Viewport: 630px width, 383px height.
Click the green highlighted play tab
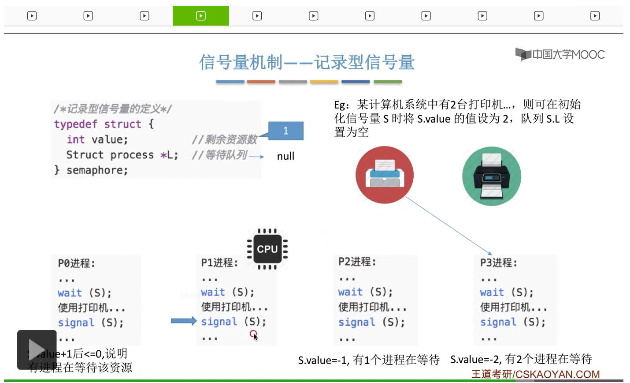pyautogui.click(x=200, y=16)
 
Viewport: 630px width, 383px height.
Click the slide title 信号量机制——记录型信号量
pyautogui.click(x=307, y=62)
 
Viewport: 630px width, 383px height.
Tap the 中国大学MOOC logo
pyautogui.click(x=560, y=54)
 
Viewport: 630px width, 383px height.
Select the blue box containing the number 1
pyautogui.click(x=285, y=131)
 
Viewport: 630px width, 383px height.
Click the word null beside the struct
pyautogui.click(x=285, y=156)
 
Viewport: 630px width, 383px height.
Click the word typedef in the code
pyautogui.click(x=75, y=124)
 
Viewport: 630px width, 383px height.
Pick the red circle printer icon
pyautogui.click(x=384, y=175)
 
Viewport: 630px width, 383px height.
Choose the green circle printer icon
pyautogui.click(x=491, y=176)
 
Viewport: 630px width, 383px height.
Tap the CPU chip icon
pyautogui.click(x=267, y=249)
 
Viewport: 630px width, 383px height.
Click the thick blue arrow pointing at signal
pyautogui.click(x=183, y=321)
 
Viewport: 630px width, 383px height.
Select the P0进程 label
pyautogui.click(x=76, y=263)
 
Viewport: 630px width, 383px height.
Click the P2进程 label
pyautogui.click(x=357, y=262)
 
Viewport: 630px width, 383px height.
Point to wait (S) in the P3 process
pyautogui.click(x=506, y=292)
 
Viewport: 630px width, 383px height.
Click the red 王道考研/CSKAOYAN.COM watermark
pyautogui.click(x=535, y=374)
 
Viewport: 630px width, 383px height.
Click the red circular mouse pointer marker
pyautogui.click(x=253, y=334)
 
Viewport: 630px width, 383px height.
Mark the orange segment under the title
pyautogui.click(x=261, y=82)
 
